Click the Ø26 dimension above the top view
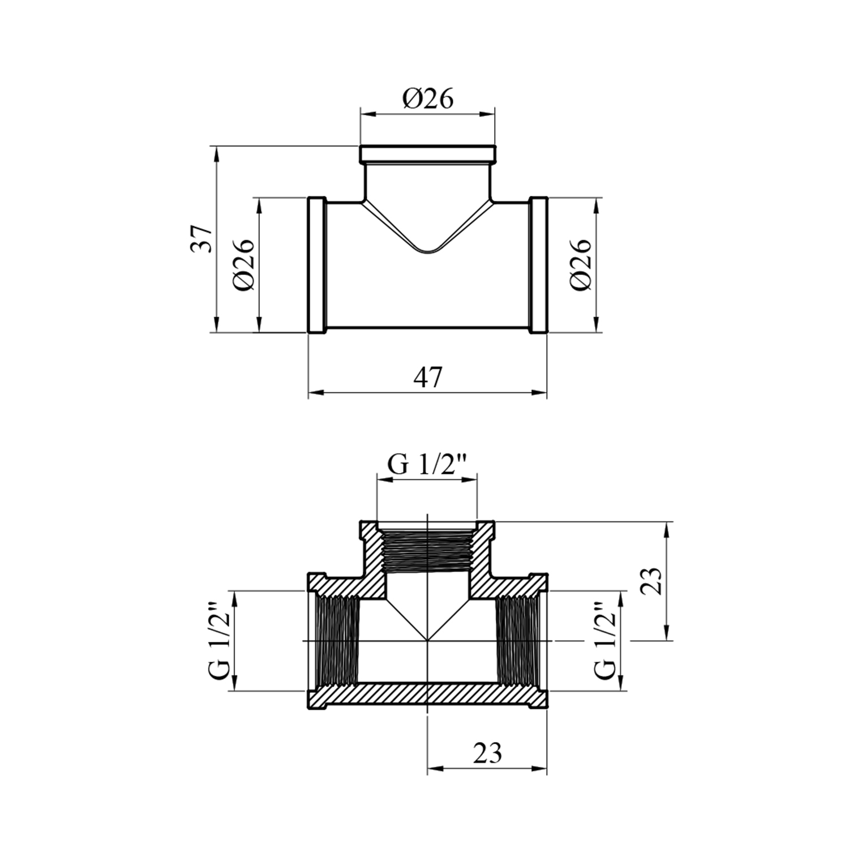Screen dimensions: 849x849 (428, 100)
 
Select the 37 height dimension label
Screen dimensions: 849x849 (203, 238)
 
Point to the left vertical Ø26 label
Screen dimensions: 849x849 (244, 264)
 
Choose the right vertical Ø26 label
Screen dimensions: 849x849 (581, 264)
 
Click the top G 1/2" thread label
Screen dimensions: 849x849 (427, 465)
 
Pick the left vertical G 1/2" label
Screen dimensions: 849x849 (221, 641)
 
